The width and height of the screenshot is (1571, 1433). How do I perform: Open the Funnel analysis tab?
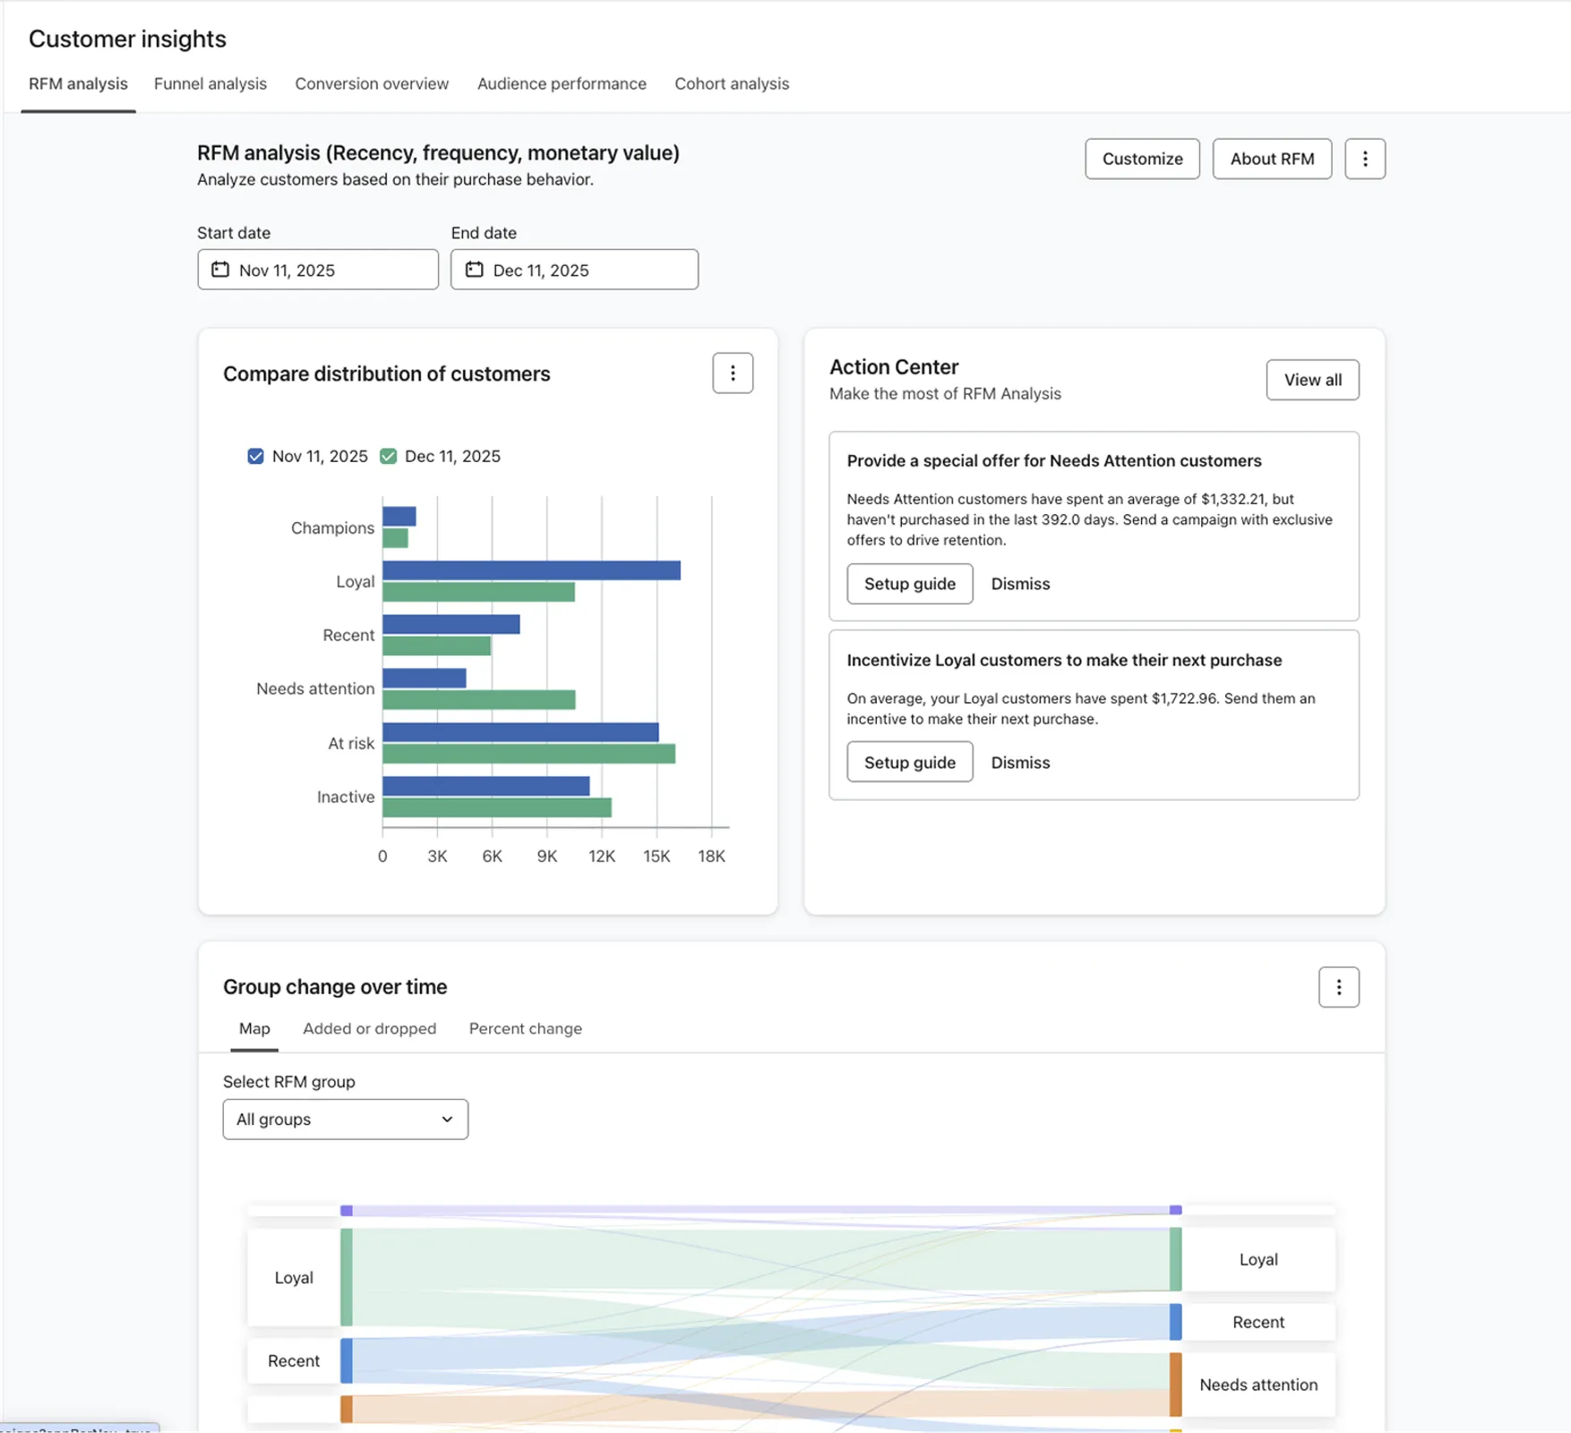(210, 83)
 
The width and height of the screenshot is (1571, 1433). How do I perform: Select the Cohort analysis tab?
(731, 83)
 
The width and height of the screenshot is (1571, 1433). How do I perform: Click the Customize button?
(1142, 159)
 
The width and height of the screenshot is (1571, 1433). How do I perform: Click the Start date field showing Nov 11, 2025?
(318, 270)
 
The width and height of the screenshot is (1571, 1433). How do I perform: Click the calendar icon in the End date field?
(474, 270)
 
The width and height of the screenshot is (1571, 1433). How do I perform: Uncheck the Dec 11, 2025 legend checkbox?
(388, 456)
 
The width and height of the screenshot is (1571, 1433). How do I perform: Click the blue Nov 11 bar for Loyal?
(531, 571)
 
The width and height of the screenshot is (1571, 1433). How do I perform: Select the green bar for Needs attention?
(478, 699)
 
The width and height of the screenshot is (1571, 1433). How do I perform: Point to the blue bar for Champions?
(399, 517)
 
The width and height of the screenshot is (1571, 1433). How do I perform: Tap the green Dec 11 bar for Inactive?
(496, 808)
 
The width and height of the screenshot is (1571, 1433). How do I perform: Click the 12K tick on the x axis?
(601, 856)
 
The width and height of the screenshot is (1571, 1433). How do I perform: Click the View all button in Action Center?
(1311, 380)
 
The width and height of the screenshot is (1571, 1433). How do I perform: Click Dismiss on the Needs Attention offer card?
(1019, 584)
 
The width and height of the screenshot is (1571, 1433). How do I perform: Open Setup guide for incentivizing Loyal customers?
(909, 762)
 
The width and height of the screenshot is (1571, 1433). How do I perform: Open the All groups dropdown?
(345, 1120)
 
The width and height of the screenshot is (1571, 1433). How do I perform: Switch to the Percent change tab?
(525, 1028)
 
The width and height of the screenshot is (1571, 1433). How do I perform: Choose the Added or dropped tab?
(369, 1028)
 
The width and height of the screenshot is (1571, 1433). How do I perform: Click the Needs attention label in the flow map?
(1258, 1385)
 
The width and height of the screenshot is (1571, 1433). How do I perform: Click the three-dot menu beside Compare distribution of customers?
(732, 373)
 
